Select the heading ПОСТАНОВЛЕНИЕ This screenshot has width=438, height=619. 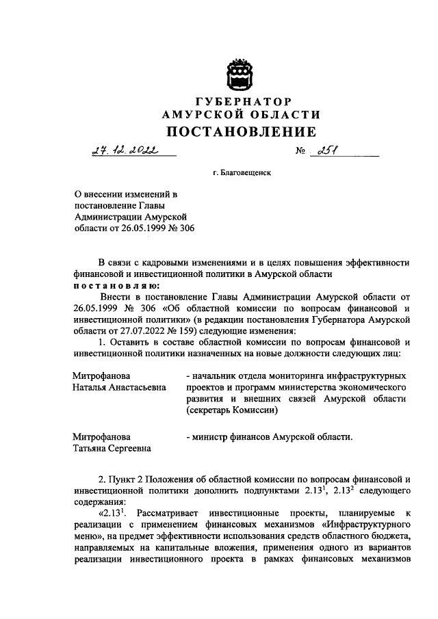240,132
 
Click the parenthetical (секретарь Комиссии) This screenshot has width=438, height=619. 231,410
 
